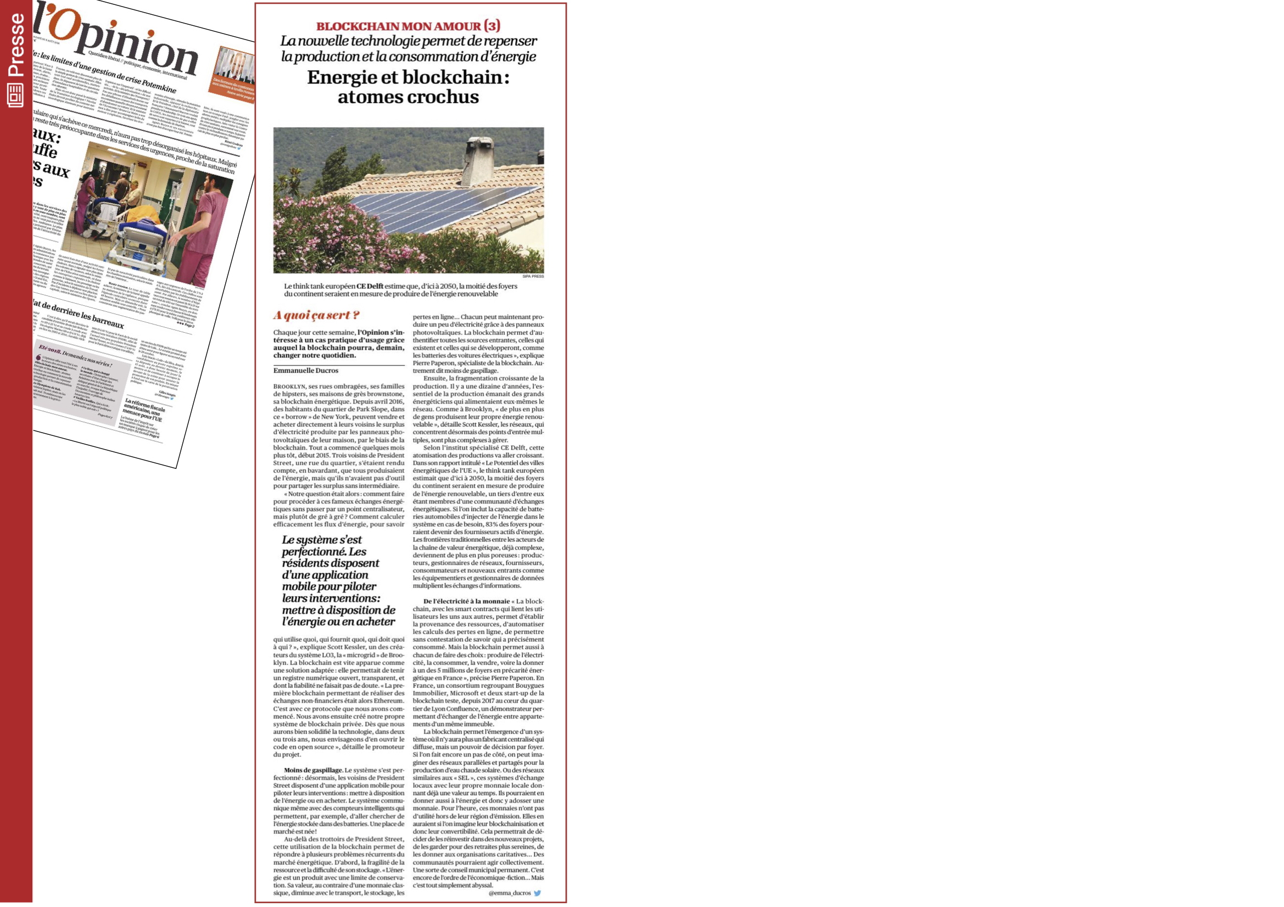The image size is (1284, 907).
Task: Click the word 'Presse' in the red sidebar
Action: click(16, 44)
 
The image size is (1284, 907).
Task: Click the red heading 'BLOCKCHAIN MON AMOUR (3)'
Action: click(408, 26)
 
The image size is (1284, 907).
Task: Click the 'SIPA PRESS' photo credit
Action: click(532, 276)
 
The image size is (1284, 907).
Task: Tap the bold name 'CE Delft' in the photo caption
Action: click(370, 286)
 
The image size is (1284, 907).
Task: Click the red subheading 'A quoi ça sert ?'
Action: click(316, 315)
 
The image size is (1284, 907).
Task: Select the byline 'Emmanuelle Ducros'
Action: click(305, 370)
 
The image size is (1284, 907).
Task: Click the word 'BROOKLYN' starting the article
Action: click(289, 387)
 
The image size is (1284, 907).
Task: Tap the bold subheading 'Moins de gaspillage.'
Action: click(313, 770)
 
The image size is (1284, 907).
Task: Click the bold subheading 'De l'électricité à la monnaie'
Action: click(466, 601)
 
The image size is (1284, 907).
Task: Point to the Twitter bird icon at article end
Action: click(538, 893)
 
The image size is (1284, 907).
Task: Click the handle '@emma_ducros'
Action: click(510, 893)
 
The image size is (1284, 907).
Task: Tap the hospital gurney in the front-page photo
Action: click(140, 235)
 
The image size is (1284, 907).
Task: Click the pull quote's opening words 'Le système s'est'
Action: click(322, 540)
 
